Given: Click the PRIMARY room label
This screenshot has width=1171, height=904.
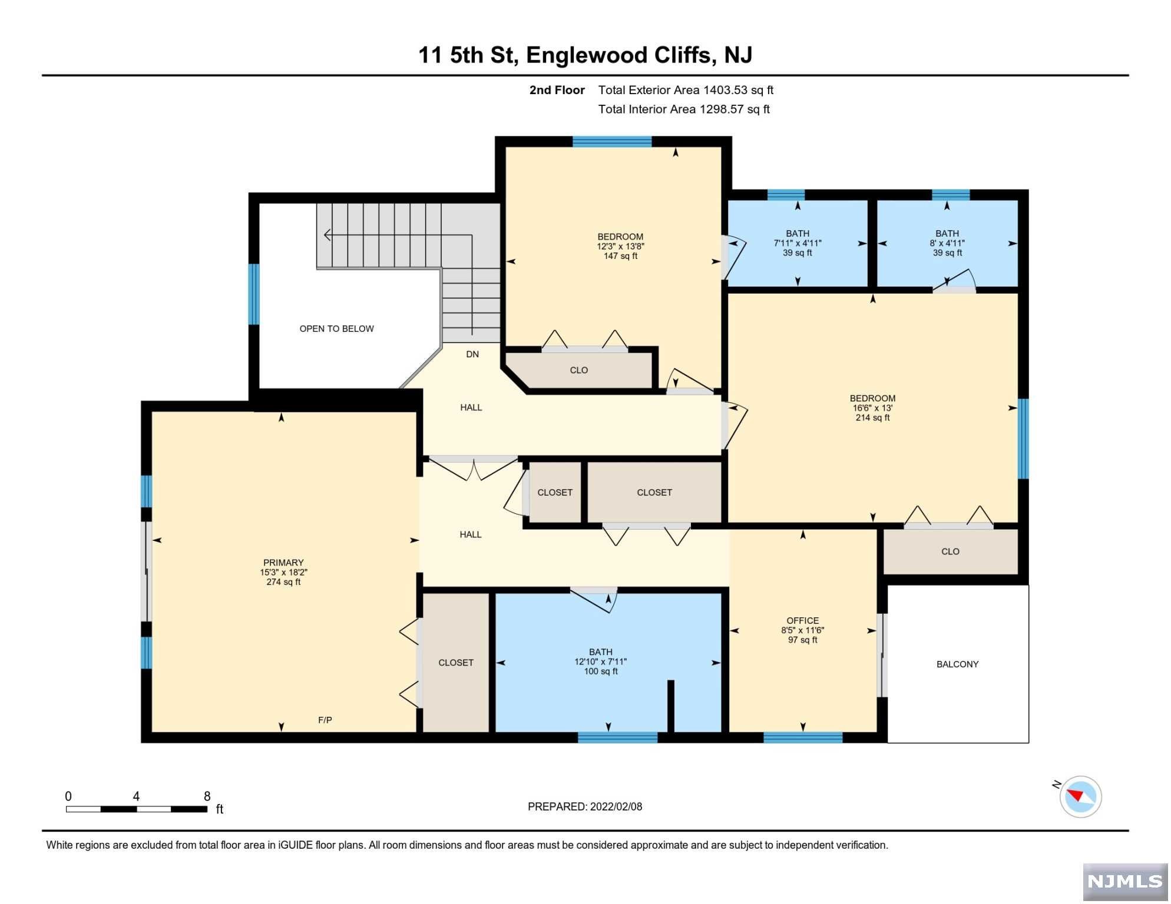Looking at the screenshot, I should tap(283, 563).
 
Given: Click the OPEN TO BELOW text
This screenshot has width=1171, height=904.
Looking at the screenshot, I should tap(337, 329).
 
